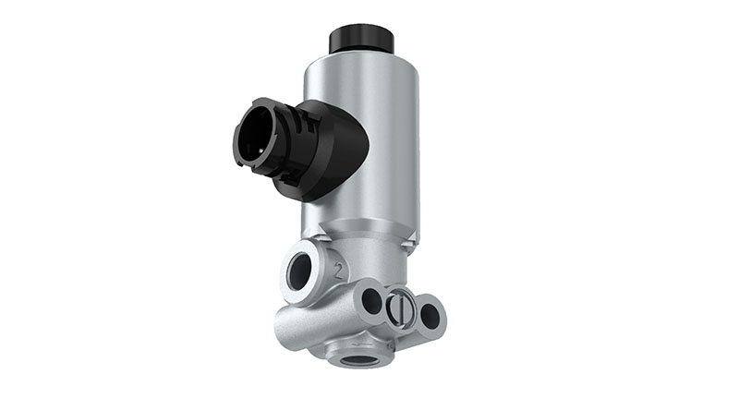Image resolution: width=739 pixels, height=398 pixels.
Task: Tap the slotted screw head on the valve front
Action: pos(398,307)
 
